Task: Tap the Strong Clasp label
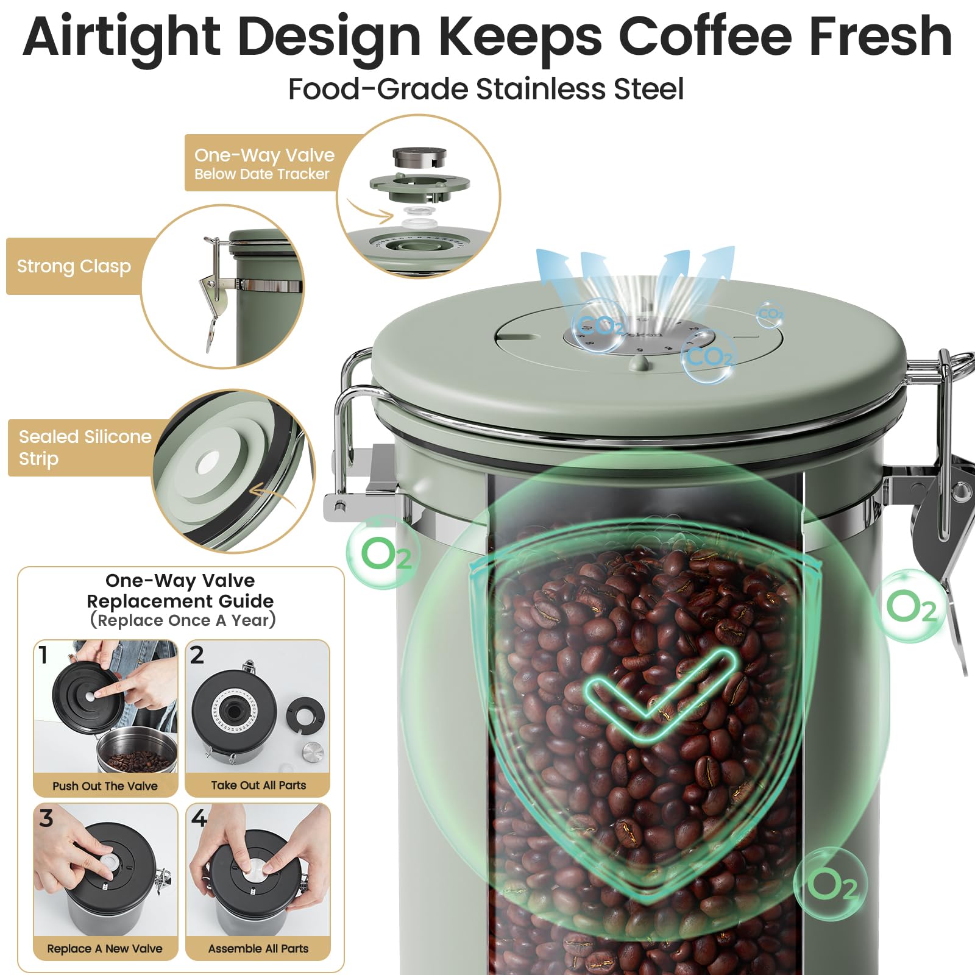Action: pos(74,266)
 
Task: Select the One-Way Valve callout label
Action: pos(264,163)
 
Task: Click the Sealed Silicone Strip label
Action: pos(85,447)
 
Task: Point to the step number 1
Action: pos(43,654)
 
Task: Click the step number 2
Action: pos(197,654)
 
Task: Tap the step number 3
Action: pos(46,818)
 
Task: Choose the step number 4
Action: pos(199,818)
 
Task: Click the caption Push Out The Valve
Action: pos(105,786)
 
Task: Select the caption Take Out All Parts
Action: pos(258,785)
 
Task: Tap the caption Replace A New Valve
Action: pos(105,949)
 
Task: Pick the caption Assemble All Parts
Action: pos(258,949)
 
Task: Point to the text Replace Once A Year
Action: pos(183,620)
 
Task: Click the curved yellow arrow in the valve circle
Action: pos(370,210)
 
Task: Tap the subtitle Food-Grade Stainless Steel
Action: pos(486,89)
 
